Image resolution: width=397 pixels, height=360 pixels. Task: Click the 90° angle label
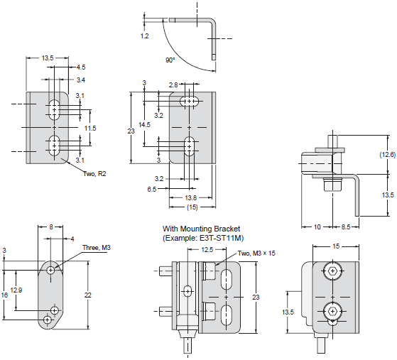[x=170, y=60]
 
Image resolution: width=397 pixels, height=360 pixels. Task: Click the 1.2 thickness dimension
[x=145, y=36]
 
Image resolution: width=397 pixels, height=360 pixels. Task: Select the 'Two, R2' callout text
[x=94, y=174]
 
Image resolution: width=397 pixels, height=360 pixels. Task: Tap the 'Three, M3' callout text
[x=97, y=247]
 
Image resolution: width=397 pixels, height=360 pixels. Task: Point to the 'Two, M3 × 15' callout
[x=256, y=253]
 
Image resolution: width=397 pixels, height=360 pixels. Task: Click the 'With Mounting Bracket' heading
[x=201, y=229]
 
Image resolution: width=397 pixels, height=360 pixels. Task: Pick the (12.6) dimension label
[x=387, y=154]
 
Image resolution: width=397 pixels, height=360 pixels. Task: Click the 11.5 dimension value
[x=90, y=128]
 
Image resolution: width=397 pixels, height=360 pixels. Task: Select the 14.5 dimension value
[x=144, y=124]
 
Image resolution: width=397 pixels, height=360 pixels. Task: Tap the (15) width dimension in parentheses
[x=192, y=207]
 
